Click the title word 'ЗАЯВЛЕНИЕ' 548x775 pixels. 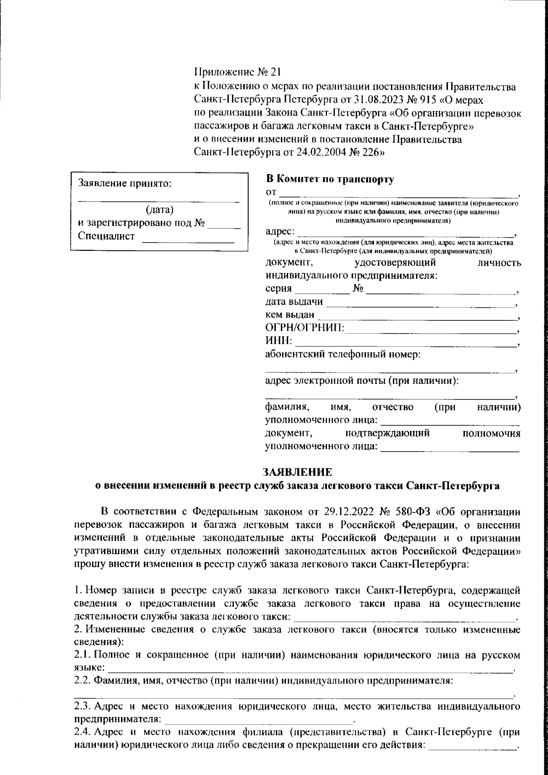(x=297, y=472)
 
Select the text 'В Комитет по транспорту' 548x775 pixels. (x=329, y=179)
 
